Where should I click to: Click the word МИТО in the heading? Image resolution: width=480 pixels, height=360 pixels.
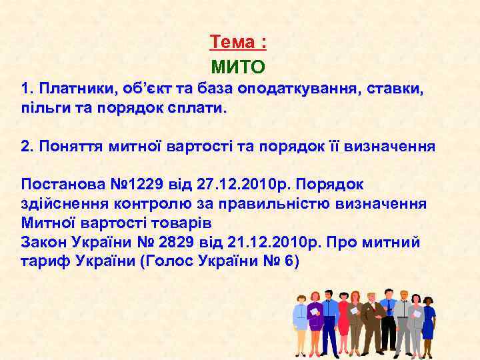[238, 67]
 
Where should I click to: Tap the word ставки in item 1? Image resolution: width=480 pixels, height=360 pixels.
[397, 89]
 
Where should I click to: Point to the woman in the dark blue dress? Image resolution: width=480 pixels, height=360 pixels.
[428, 320]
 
